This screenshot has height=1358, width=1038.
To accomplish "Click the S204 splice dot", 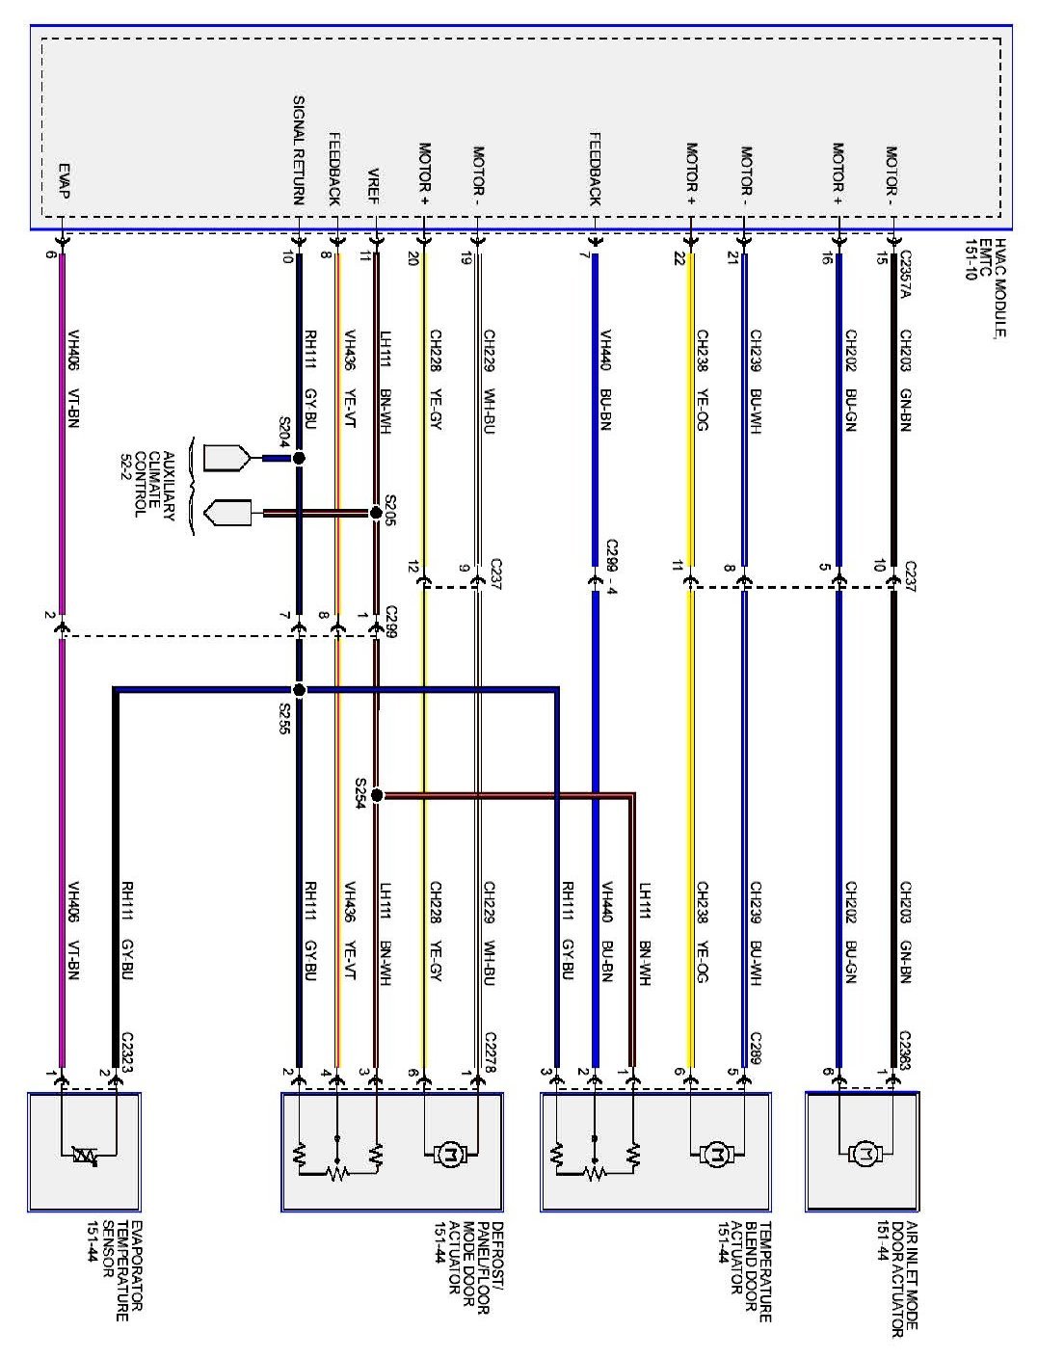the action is coord(299,459).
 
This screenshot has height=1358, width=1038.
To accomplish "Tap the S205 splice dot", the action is coord(376,513).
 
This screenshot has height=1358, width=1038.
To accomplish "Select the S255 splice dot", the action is coord(299,690).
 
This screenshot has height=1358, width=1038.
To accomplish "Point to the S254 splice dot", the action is coord(377,795).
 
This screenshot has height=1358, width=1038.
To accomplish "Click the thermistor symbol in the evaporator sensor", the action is coord(86,1155).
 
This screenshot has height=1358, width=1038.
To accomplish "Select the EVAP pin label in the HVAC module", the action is coord(63,180).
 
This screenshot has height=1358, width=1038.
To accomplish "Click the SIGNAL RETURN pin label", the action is coord(298,150).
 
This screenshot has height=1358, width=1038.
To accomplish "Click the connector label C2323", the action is coord(127,1052).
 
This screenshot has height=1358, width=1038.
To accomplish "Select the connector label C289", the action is coord(756,1048).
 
